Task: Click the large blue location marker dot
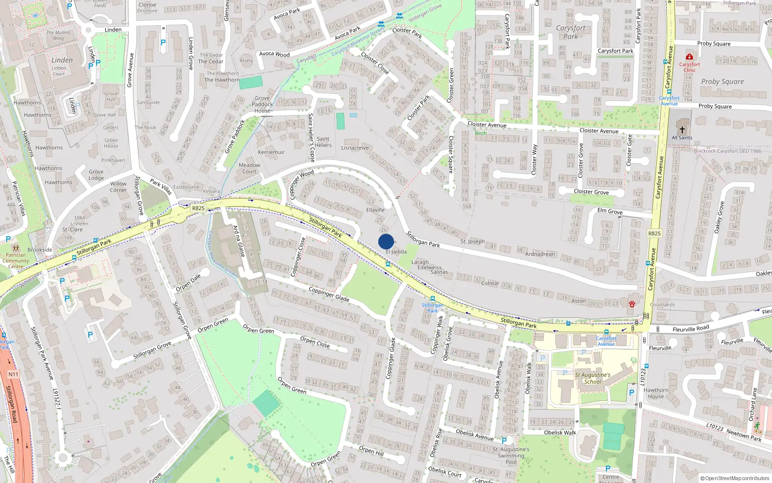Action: pyautogui.click(x=386, y=241)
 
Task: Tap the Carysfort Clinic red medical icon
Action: pyautogui.click(x=689, y=57)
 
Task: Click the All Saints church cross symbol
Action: pyautogui.click(x=682, y=129)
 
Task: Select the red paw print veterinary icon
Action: pyautogui.click(x=632, y=304)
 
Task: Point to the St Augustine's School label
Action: pyautogui.click(x=593, y=378)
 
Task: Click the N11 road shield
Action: pyautogui.click(x=13, y=374)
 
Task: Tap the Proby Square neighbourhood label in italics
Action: pyautogui.click(x=722, y=82)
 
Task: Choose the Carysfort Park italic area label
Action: pyautogui.click(x=570, y=32)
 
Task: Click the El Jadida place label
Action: pyautogui.click(x=396, y=252)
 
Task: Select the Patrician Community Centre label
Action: pyautogui.click(x=15, y=261)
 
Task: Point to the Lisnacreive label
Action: pyautogui.click(x=355, y=148)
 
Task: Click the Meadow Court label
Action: pyautogui.click(x=249, y=168)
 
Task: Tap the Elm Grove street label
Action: pyautogui.click(x=610, y=211)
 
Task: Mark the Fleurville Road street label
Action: pyautogui.click(x=690, y=329)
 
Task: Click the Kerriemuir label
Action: pyautogui.click(x=271, y=152)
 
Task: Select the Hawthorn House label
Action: pyautogui.click(x=656, y=393)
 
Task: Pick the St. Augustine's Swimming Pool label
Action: pyautogui.click(x=511, y=455)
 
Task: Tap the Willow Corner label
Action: pyautogui.click(x=118, y=186)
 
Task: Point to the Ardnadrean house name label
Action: pyautogui.click(x=540, y=254)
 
